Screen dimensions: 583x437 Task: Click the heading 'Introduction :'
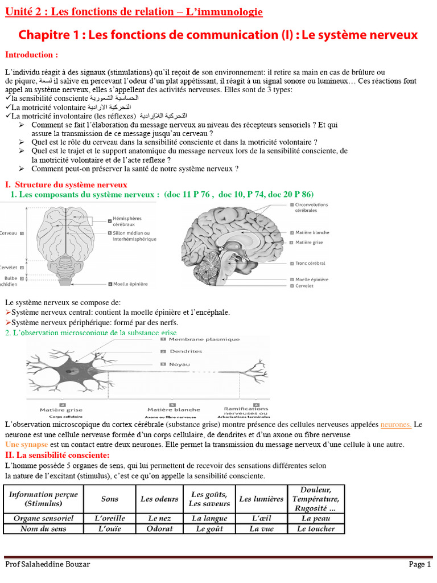click(31, 55)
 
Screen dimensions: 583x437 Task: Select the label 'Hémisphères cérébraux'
click(127, 221)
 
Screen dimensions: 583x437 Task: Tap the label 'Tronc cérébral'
click(311, 264)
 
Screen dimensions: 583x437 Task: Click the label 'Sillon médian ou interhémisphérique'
click(131, 236)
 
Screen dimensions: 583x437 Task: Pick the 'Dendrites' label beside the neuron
click(186, 351)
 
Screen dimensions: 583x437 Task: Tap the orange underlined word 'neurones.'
click(396, 425)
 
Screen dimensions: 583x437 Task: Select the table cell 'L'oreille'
click(110, 518)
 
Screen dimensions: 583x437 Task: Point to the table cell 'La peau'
click(316, 518)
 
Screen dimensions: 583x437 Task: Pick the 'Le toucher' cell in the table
click(316, 529)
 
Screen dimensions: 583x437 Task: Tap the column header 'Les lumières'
click(261, 499)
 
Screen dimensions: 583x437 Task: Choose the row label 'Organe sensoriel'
click(43, 518)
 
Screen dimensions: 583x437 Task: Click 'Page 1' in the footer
click(420, 564)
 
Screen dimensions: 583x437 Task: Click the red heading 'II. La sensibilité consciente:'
click(57, 455)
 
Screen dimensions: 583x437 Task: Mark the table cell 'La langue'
click(209, 518)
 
